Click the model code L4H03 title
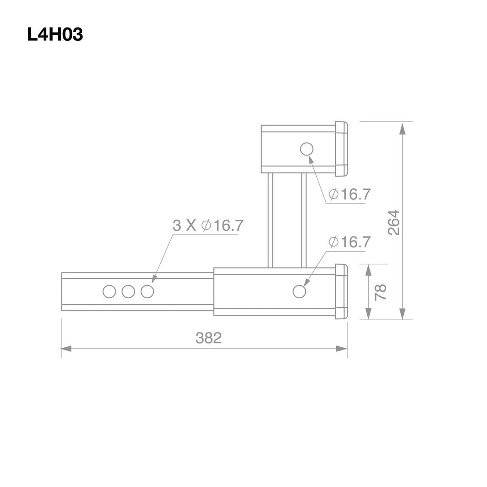[55, 35]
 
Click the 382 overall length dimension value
[208, 338]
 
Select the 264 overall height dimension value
[394, 222]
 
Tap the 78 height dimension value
[380, 292]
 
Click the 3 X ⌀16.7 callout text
[207, 225]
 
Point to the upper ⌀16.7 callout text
[349, 194]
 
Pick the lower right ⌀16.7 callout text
[349, 242]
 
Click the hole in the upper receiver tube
[307, 149]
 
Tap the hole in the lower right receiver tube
[299, 292]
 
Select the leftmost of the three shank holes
[109, 292]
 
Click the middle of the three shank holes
[128, 292]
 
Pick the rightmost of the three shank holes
[147, 292]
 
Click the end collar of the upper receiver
[341, 149]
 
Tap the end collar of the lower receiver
[341, 292]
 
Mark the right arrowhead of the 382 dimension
[342, 349]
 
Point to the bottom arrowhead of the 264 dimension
[402, 313]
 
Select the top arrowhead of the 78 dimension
[368, 270]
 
